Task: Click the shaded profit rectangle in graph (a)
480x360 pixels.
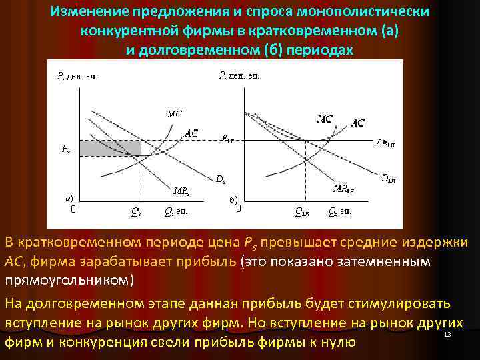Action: tap(110, 148)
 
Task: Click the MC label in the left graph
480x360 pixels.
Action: tap(174, 113)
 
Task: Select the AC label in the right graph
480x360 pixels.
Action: tap(357, 123)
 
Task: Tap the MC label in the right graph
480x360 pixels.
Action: tap(325, 119)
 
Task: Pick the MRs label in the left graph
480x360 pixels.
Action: tap(181, 191)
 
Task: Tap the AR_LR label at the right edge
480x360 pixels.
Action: tap(385, 142)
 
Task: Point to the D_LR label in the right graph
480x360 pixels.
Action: tap(388, 178)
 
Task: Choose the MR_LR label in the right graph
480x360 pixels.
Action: tap(344, 189)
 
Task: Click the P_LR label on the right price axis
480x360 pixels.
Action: tap(228, 139)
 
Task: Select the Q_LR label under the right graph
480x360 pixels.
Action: tap(301, 213)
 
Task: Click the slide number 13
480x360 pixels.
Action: tap(447, 334)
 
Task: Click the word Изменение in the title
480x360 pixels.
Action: tap(89, 13)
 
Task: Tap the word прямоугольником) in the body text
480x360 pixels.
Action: tap(69, 279)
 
